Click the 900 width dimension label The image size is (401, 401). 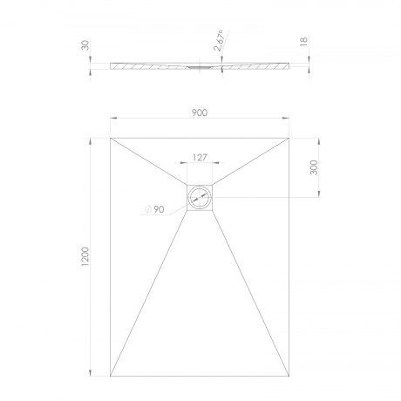pos(200,112)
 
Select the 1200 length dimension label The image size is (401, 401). pos(85,256)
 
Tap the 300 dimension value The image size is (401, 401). pos(314,167)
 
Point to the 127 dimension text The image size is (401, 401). pos(200,158)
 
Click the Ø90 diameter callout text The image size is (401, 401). pos(155,209)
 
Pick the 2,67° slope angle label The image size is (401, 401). pos(219,40)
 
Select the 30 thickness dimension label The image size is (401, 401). pos(86,45)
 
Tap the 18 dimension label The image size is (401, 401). pos(303,41)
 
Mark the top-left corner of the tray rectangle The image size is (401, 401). pos(110,138)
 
